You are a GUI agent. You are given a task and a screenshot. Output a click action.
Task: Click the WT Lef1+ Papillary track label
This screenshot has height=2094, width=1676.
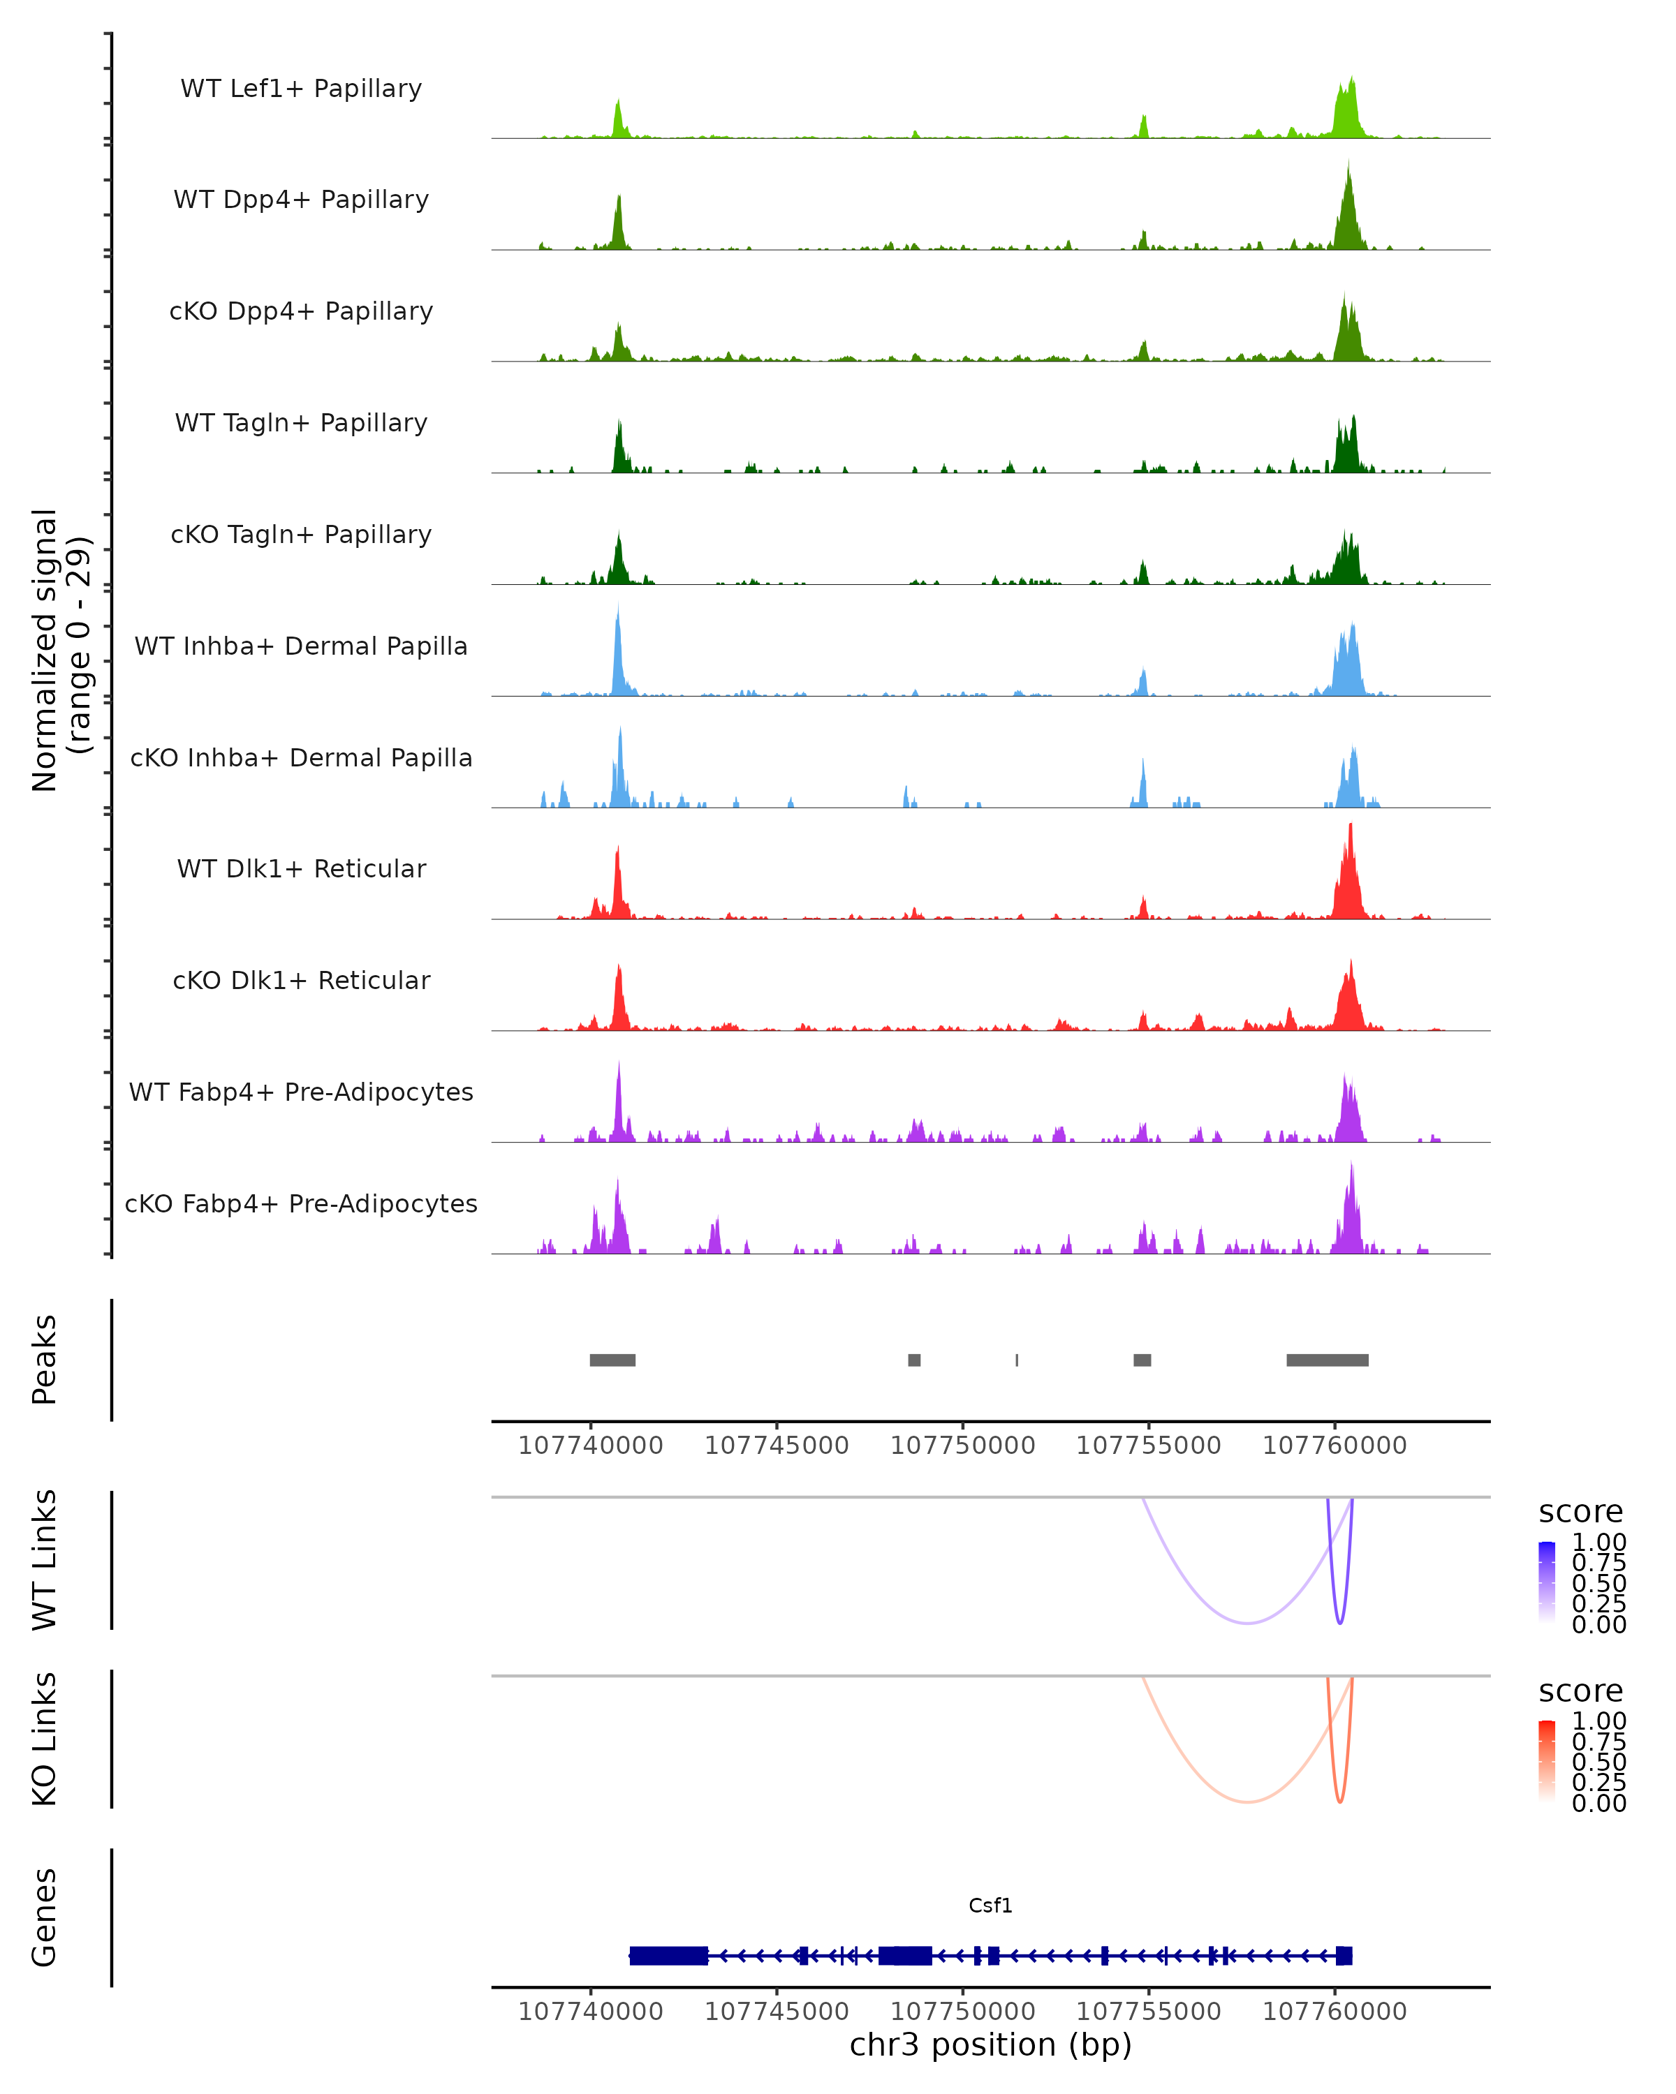point(301,89)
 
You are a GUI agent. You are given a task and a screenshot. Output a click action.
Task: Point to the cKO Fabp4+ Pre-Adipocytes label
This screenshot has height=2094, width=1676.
point(301,1203)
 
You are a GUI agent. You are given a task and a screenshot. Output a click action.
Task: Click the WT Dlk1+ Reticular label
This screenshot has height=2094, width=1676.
point(301,868)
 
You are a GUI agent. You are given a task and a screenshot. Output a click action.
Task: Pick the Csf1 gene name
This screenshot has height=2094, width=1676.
point(990,1906)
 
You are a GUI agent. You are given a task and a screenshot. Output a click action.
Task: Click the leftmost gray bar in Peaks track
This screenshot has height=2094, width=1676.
point(612,1360)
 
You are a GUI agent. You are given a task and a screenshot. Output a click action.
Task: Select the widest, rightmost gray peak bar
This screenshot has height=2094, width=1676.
point(1328,1360)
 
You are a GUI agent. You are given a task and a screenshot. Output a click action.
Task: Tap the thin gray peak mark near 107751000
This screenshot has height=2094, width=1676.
point(1016,1360)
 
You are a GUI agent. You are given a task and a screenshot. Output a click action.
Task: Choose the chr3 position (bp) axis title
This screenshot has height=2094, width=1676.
point(990,2044)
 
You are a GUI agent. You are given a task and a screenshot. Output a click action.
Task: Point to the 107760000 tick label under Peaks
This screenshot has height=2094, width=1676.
point(1334,1446)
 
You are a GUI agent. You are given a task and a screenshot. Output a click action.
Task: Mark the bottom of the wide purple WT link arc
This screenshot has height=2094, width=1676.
point(1247,1623)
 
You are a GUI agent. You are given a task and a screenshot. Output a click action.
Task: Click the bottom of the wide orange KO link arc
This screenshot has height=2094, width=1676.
point(1247,1802)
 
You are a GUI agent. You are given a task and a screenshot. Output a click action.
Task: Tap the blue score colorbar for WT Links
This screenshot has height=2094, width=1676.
point(1547,1582)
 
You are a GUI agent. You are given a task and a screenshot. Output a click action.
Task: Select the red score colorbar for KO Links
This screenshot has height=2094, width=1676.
point(1547,1761)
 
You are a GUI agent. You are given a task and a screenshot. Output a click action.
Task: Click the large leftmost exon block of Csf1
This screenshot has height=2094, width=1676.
point(668,1955)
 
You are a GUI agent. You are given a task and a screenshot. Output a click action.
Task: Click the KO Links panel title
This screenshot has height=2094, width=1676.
point(45,1739)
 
